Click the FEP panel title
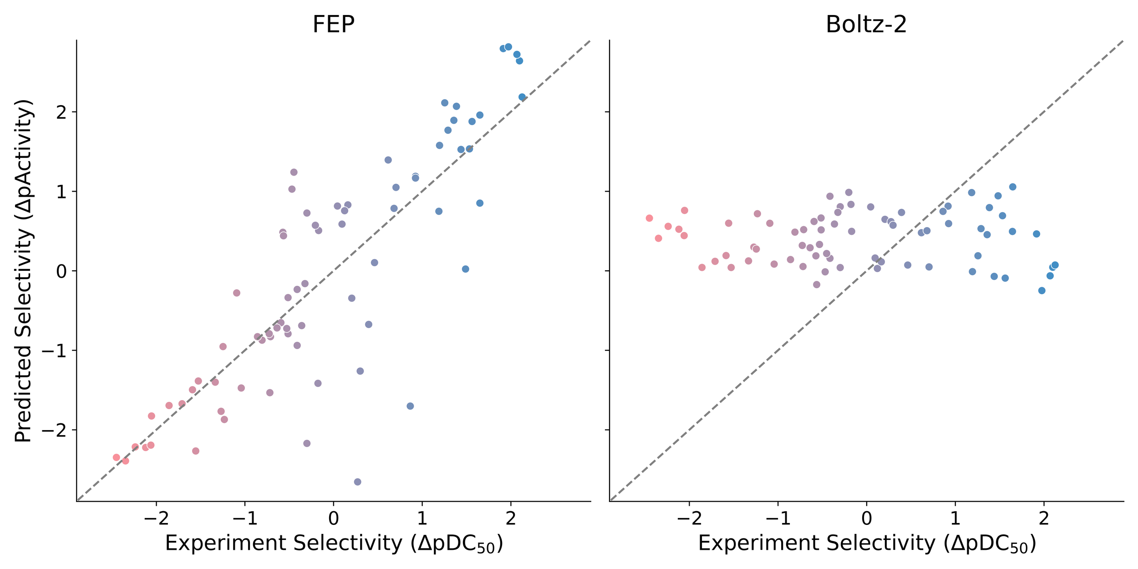pos(333,24)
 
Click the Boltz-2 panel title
pos(866,24)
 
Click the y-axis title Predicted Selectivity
pos(23,271)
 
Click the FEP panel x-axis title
pos(334,544)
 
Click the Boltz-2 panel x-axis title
pos(867,544)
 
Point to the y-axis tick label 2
pos(61,112)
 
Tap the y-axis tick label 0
pos(61,271)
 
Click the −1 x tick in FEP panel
pos(245,518)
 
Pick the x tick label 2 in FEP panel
pos(511,518)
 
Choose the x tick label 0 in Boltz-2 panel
pos(866,518)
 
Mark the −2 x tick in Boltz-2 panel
pos(689,518)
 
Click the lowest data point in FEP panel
pos(357,482)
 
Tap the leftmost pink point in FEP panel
pos(117,457)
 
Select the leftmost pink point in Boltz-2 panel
pos(649,218)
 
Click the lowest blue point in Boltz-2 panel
pos(1041,290)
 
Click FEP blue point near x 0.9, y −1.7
pos(410,406)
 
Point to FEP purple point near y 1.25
pos(294,172)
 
